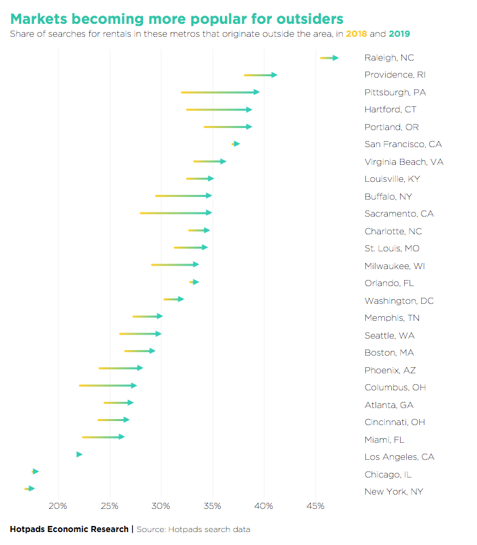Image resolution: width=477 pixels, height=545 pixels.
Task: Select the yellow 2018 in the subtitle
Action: (x=356, y=33)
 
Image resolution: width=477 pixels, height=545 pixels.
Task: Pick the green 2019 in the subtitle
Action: (x=399, y=33)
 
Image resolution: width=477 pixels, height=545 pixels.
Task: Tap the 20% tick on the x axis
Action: (x=59, y=505)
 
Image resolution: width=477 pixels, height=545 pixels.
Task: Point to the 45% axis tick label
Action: (x=316, y=505)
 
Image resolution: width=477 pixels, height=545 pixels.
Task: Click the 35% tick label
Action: (x=213, y=505)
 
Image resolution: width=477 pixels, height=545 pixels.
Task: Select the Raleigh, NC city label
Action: (x=389, y=57)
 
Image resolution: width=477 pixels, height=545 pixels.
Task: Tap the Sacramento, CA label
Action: (x=399, y=214)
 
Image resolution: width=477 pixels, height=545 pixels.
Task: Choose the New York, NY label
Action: (x=394, y=492)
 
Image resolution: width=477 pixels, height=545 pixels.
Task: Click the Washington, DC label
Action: (x=399, y=300)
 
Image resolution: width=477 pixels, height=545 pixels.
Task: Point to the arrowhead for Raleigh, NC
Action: (x=335, y=58)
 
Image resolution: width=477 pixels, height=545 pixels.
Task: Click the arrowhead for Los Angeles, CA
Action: (x=79, y=454)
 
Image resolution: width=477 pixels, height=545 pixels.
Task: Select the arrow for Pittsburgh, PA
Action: (x=220, y=92)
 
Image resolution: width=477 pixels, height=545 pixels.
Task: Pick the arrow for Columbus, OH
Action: (x=108, y=386)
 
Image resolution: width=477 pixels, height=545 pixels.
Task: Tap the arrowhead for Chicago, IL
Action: (x=35, y=471)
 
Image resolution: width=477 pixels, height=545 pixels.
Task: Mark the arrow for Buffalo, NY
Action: (x=183, y=196)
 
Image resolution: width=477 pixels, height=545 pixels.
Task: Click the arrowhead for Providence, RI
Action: (x=274, y=74)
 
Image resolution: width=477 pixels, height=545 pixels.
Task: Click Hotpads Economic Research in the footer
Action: (x=69, y=529)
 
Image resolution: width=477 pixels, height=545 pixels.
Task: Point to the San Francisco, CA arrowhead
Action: (x=236, y=144)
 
